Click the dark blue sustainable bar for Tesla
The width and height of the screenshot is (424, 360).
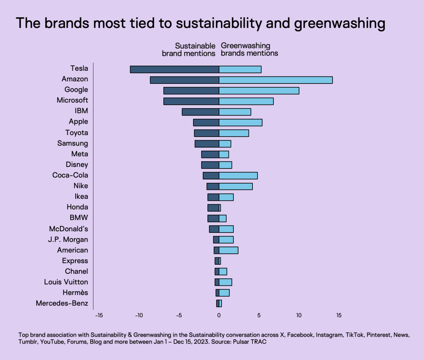174,69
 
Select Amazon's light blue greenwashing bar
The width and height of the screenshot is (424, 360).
276,80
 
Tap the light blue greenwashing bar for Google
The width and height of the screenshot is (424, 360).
259,91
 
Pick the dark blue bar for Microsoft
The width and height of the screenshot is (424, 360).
191,101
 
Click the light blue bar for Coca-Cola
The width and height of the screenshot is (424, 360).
238,176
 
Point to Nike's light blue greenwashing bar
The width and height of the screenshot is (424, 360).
236,186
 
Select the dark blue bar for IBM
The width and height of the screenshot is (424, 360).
201,112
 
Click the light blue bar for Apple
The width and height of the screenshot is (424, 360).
240,123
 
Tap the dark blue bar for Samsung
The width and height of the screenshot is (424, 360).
207,144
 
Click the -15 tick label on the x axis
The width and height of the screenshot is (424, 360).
99,315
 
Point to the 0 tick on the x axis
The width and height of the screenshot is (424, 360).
219,315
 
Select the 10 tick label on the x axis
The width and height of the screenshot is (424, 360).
299,315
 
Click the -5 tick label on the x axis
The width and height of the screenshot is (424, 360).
179,315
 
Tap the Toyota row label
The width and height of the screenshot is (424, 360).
77,133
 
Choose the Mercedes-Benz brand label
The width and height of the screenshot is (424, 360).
62,303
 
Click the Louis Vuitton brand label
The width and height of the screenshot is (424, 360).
66,282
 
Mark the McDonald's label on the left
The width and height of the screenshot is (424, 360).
69,229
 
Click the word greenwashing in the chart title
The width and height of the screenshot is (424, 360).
340,24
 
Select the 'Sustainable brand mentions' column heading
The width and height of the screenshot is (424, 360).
189,50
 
